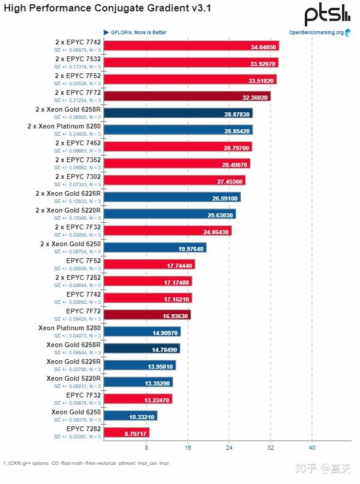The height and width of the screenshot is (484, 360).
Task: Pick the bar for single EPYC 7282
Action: click(126, 432)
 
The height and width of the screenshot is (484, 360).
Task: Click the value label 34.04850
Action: click(263, 46)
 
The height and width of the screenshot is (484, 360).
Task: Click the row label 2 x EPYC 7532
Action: click(77, 59)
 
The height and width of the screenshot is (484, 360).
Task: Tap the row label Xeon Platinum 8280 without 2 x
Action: click(69, 328)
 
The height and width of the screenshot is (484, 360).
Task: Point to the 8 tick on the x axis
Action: click(146, 448)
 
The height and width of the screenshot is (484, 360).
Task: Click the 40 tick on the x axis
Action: click(312, 448)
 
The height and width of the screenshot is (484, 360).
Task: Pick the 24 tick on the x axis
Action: click(229, 448)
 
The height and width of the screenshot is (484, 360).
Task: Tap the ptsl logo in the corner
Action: click(327, 14)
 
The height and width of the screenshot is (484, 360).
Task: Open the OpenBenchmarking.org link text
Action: click(316, 32)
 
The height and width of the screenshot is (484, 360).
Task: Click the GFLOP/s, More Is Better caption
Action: click(138, 32)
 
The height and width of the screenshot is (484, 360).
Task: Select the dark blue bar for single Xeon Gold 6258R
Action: click(142, 348)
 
